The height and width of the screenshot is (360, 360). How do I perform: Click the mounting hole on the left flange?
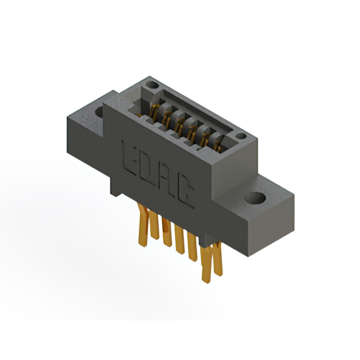coord(100,111)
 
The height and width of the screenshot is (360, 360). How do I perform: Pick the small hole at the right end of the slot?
coord(241,136)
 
